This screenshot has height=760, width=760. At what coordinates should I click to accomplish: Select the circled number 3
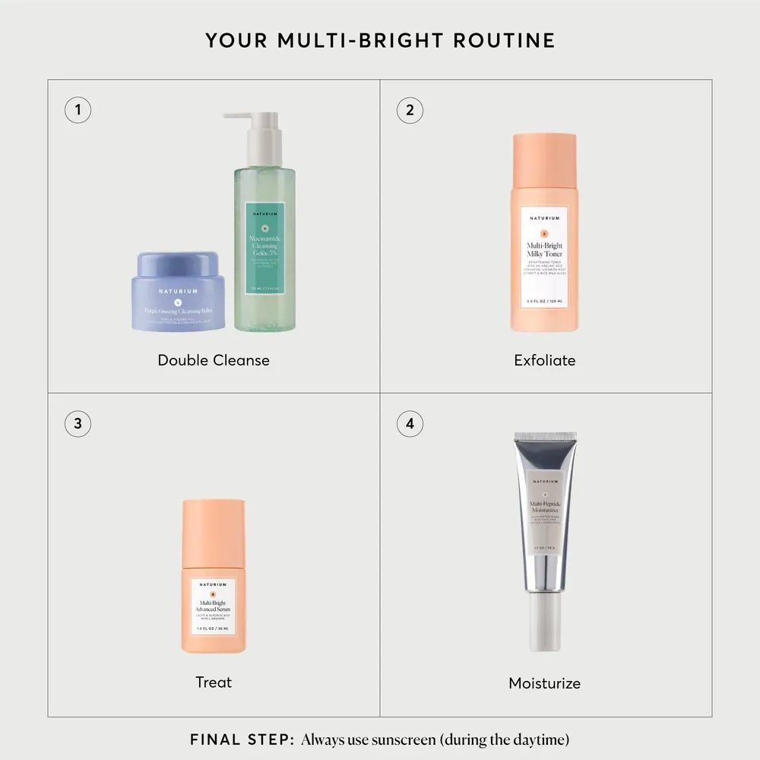point(78,423)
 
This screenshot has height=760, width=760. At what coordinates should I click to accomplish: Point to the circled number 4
point(410,423)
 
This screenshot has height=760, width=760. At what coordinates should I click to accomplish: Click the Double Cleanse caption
point(214,360)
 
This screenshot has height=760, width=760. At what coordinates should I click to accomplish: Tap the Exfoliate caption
point(545,360)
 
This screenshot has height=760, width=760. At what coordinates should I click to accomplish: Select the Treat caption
point(214,682)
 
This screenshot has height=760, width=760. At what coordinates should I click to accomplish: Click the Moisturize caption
point(545,683)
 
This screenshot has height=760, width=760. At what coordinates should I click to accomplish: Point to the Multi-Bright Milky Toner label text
point(545,250)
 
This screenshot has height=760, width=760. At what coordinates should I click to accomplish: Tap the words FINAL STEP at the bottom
point(240,739)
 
